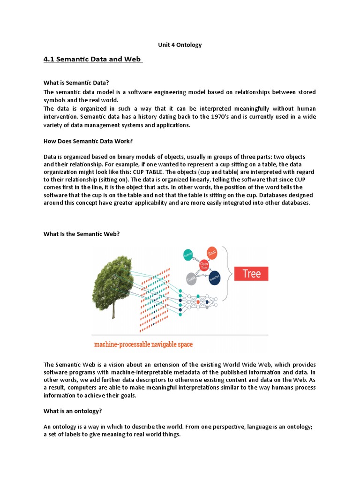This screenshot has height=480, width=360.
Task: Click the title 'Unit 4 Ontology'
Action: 180,45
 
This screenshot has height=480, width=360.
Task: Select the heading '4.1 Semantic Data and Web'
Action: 93,60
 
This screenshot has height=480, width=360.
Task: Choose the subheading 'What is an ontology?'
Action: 73,411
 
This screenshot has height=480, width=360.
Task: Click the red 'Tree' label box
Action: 251,273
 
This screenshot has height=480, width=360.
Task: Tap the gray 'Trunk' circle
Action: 191,279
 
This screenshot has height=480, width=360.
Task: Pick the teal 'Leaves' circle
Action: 188,254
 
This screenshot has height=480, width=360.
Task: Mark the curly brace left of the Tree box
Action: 230,273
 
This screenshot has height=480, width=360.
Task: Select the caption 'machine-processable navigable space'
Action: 143,345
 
